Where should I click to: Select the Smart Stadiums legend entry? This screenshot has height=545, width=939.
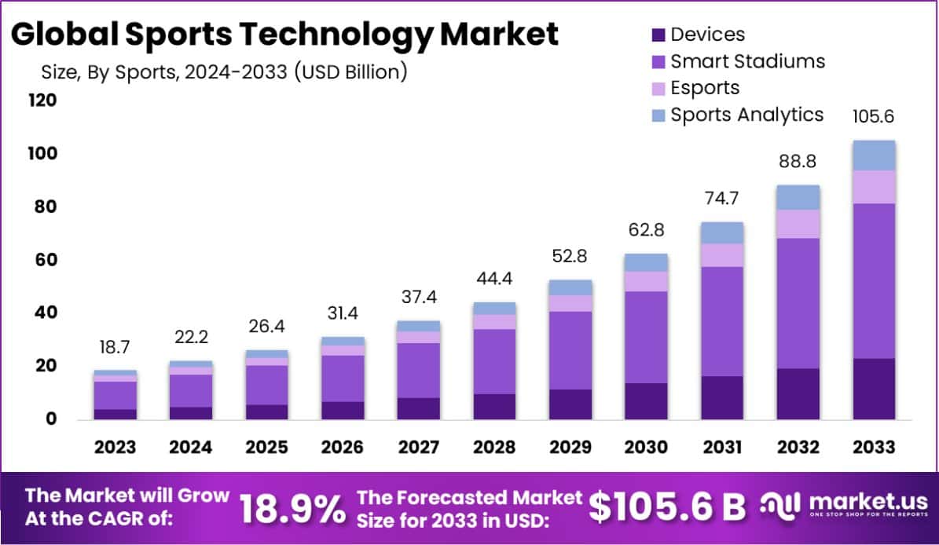coord(738,61)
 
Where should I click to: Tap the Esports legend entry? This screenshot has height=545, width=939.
coord(695,88)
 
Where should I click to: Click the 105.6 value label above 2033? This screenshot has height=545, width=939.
coord(874,117)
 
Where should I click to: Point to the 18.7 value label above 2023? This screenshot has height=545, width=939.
coord(116,347)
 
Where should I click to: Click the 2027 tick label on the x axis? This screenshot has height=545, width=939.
coord(419,448)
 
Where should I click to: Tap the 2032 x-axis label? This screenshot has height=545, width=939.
coord(798,448)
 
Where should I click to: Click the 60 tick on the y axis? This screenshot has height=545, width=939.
coord(49,260)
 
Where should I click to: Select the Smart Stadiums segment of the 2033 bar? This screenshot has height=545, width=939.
coord(874,281)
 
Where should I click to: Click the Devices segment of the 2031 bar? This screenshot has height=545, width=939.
coord(722,397)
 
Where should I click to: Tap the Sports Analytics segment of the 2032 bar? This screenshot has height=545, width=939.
coord(798,198)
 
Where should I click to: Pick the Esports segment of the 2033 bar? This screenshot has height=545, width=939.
coord(874,187)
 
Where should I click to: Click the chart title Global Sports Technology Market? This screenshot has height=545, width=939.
coord(285,35)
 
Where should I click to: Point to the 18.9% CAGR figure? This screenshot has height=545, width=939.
coord(292,509)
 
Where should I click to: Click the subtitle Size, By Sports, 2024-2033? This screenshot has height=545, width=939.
coord(224,72)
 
